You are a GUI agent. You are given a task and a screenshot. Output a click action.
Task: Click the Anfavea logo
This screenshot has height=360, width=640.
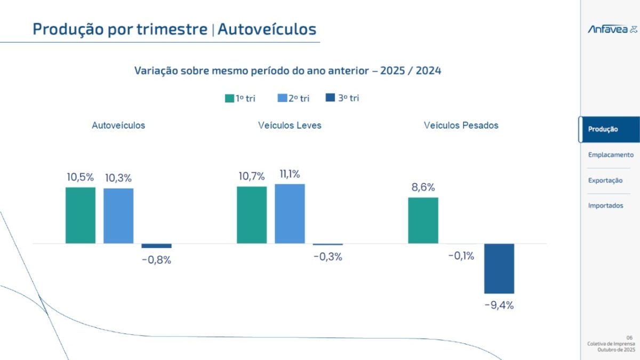point(612,29)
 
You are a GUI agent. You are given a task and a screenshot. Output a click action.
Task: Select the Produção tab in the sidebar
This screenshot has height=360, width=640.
point(609,130)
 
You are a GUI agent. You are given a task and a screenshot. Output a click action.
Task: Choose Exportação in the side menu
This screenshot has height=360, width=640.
point(605,181)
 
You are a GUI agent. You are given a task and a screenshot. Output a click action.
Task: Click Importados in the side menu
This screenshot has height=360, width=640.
point(605,206)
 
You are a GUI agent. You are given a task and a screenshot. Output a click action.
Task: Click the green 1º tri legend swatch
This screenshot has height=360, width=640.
point(229,98)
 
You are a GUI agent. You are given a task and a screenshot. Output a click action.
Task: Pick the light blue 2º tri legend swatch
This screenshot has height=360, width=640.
point(282,98)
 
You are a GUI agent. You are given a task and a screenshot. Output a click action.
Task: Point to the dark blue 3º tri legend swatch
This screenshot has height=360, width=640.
point(330,98)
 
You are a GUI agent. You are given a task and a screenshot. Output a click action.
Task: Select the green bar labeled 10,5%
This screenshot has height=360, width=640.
point(81,215)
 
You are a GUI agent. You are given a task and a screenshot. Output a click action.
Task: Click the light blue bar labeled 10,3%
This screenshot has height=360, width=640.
point(118,216)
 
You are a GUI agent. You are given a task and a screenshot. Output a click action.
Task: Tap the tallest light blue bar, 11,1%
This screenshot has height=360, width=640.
point(290,214)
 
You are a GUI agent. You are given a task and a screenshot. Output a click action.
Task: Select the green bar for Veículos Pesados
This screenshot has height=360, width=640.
point(423,221)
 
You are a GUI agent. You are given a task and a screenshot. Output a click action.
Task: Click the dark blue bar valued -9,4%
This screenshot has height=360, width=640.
point(499,269)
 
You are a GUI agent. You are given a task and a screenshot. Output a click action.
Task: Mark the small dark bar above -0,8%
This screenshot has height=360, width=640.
point(156,246)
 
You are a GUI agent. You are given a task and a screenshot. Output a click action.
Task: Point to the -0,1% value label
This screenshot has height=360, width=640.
point(461,255)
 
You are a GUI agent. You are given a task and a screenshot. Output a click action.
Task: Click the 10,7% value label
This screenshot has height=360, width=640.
point(251,177)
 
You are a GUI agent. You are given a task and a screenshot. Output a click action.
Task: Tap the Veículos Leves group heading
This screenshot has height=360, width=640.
point(290,125)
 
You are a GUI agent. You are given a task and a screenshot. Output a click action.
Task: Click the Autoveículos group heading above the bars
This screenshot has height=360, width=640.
point(118,125)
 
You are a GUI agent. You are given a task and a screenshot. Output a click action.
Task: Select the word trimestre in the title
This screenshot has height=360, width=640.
point(172,29)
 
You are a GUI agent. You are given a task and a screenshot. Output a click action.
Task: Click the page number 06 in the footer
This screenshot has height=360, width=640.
point(629,338)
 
